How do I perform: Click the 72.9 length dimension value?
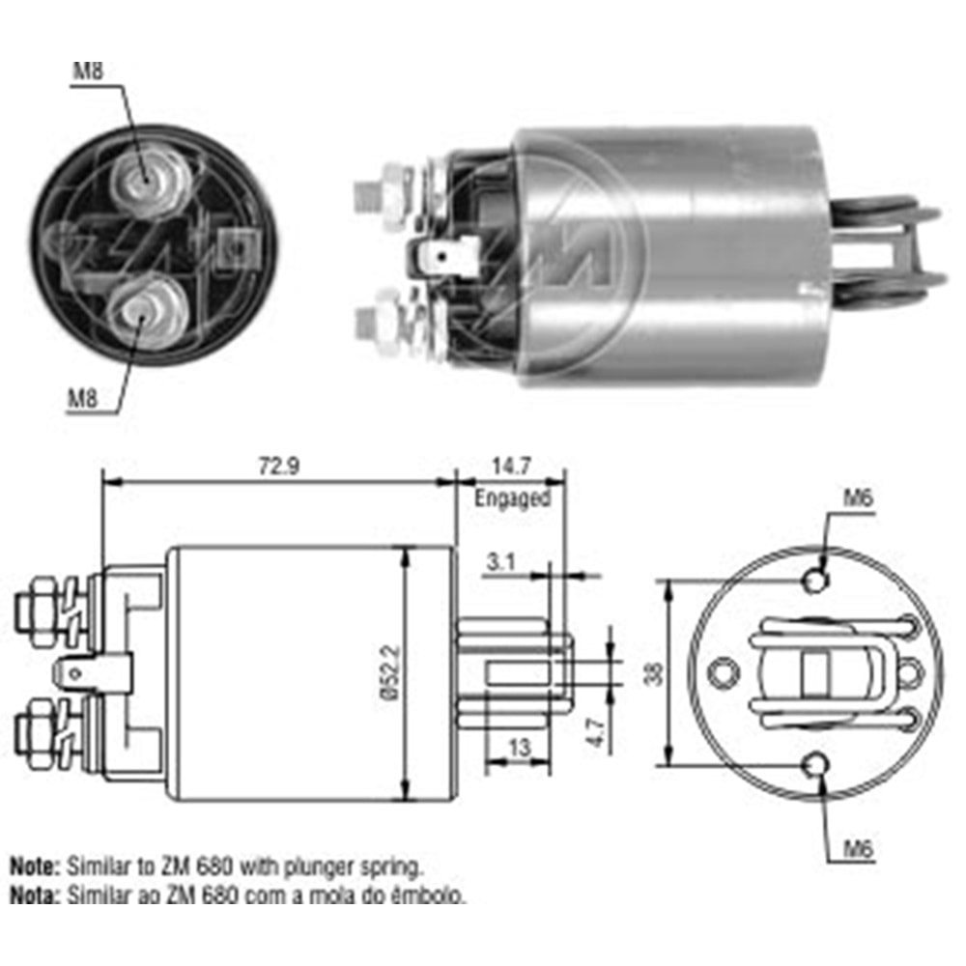(279, 466)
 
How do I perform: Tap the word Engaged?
(512, 498)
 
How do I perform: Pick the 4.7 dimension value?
(597, 729)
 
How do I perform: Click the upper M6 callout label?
(858, 499)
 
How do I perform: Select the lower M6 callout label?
(858, 850)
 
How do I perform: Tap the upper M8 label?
(87, 71)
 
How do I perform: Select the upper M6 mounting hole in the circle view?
(816, 582)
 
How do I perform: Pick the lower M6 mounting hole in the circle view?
(816, 766)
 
